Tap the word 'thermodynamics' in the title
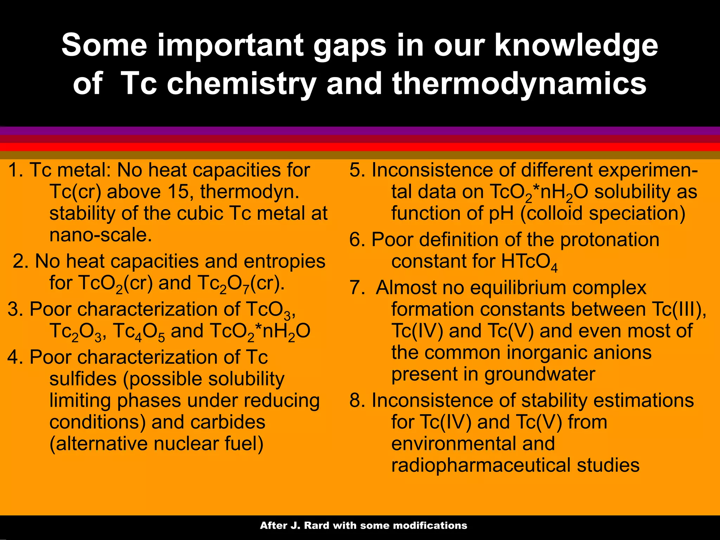click(519, 84)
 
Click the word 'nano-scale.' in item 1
click(101, 235)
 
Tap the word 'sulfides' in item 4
click(83, 379)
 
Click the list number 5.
click(356, 170)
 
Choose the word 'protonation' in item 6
click(609, 240)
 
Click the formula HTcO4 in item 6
click(529, 262)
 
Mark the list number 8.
click(356, 400)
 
